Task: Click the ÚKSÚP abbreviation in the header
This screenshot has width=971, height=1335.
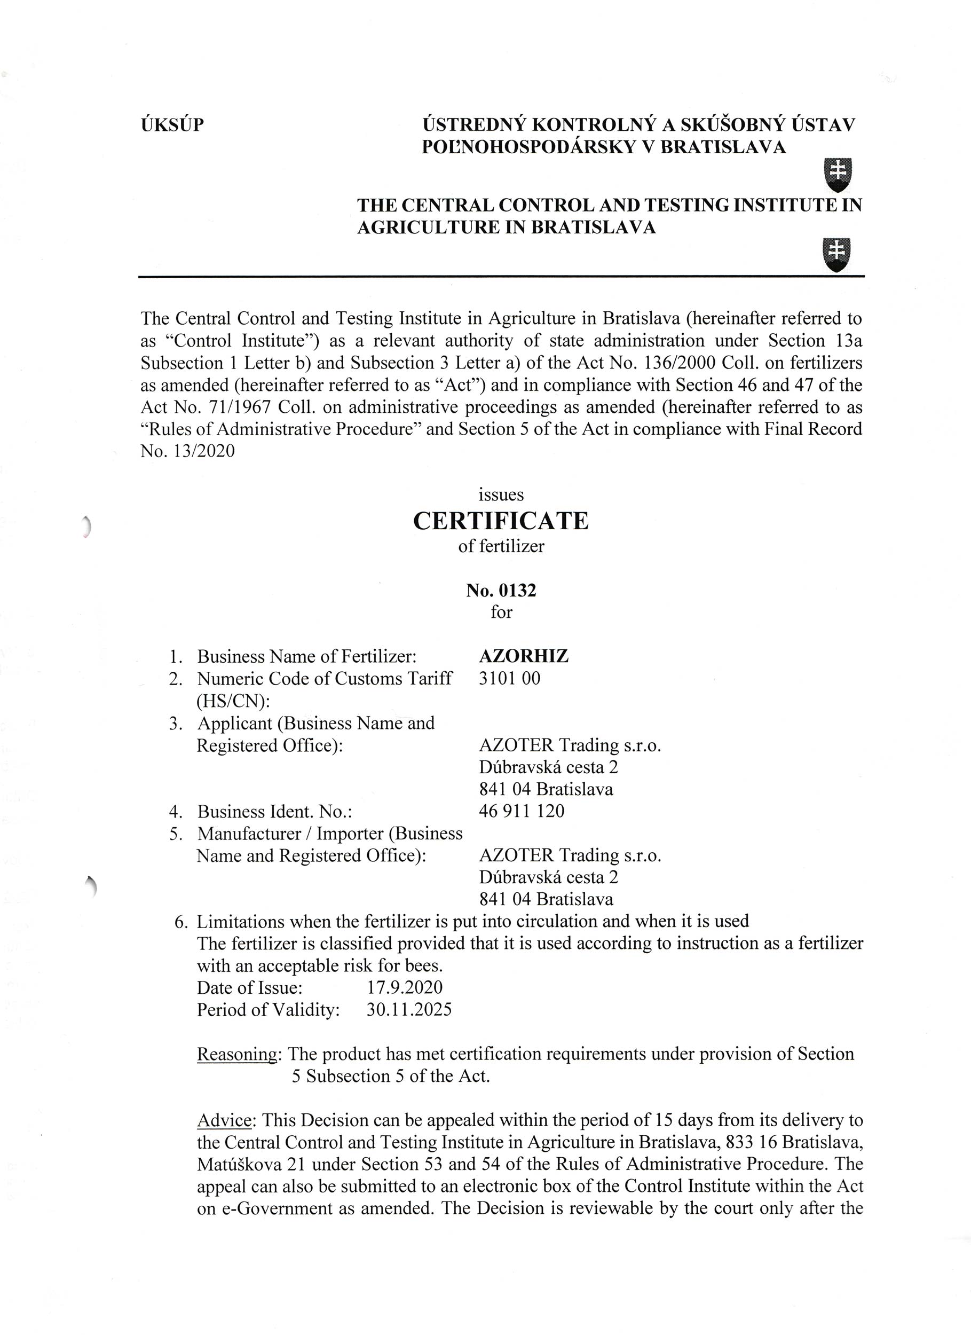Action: [172, 125]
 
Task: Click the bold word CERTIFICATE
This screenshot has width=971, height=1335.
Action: [501, 521]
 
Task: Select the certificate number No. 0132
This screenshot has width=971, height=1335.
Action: [501, 591]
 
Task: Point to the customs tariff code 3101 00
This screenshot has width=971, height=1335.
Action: [509, 678]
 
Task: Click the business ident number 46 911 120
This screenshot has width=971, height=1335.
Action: [522, 811]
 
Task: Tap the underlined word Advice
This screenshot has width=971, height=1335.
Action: [224, 1120]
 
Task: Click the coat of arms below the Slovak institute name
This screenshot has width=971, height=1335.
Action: [838, 175]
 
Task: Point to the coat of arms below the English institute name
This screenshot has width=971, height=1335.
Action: [838, 254]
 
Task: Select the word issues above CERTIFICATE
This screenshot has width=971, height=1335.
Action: [501, 494]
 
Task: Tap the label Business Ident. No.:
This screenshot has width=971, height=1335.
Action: [274, 812]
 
